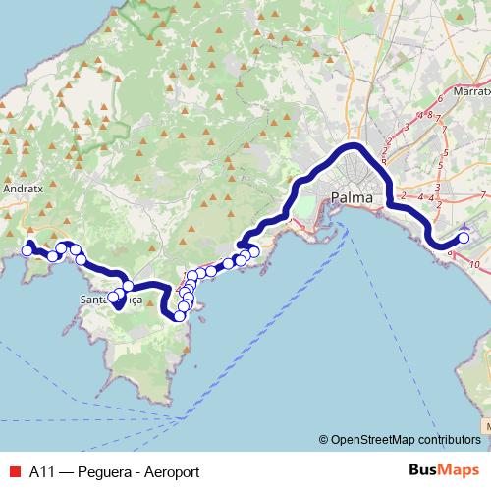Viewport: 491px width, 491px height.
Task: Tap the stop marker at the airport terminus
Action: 464,239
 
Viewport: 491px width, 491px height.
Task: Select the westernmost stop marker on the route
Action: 27,251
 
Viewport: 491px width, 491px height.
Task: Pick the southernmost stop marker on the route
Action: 180,315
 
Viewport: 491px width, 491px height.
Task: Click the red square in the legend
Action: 14,471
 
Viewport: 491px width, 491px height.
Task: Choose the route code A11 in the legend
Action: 41,471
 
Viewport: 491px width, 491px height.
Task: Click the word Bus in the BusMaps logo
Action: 418,471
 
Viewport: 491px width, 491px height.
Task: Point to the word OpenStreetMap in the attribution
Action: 374,439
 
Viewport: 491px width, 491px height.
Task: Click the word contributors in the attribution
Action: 450,439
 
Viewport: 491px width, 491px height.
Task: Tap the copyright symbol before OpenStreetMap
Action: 323,439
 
